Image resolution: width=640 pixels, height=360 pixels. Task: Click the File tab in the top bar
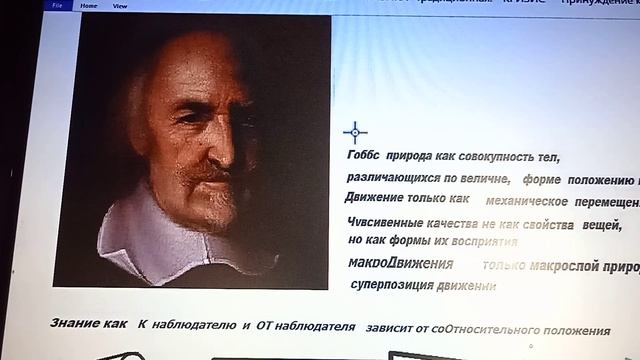tap(56, 5)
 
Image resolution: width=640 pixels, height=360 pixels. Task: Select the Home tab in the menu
tap(89, 5)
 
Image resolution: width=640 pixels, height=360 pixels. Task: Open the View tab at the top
tap(119, 5)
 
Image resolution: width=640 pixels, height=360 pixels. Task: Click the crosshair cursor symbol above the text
tap(355, 132)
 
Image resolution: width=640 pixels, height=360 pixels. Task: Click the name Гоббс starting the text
tap(364, 158)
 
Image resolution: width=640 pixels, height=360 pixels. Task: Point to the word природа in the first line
tap(410, 158)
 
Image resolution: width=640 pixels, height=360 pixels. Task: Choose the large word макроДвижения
tap(400, 265)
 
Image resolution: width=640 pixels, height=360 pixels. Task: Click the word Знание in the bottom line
tap(74, 324)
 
